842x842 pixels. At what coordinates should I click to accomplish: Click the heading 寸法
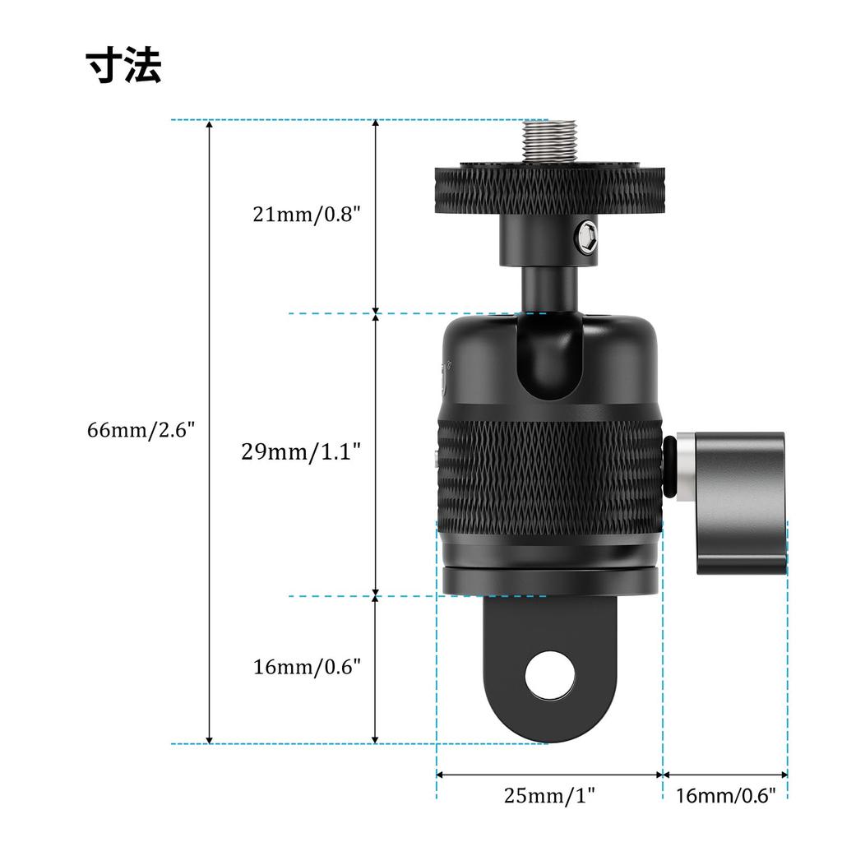[x=124, y=65]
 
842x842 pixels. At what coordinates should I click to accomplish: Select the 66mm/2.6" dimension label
[x=141, y=430]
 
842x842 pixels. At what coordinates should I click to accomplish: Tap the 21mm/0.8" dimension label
[x=307, y=215]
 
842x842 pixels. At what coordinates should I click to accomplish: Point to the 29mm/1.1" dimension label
[x=301, y=451]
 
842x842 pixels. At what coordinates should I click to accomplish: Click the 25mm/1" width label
[x=548, y=795]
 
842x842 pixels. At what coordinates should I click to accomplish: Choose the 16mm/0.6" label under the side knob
[x=725, y=795]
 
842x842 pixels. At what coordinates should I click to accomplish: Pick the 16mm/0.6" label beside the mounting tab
[x=307, y=666]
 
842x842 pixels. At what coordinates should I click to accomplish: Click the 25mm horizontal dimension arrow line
[x=548, y=774]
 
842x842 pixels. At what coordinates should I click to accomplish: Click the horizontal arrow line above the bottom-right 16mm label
[x=725, y=774]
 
